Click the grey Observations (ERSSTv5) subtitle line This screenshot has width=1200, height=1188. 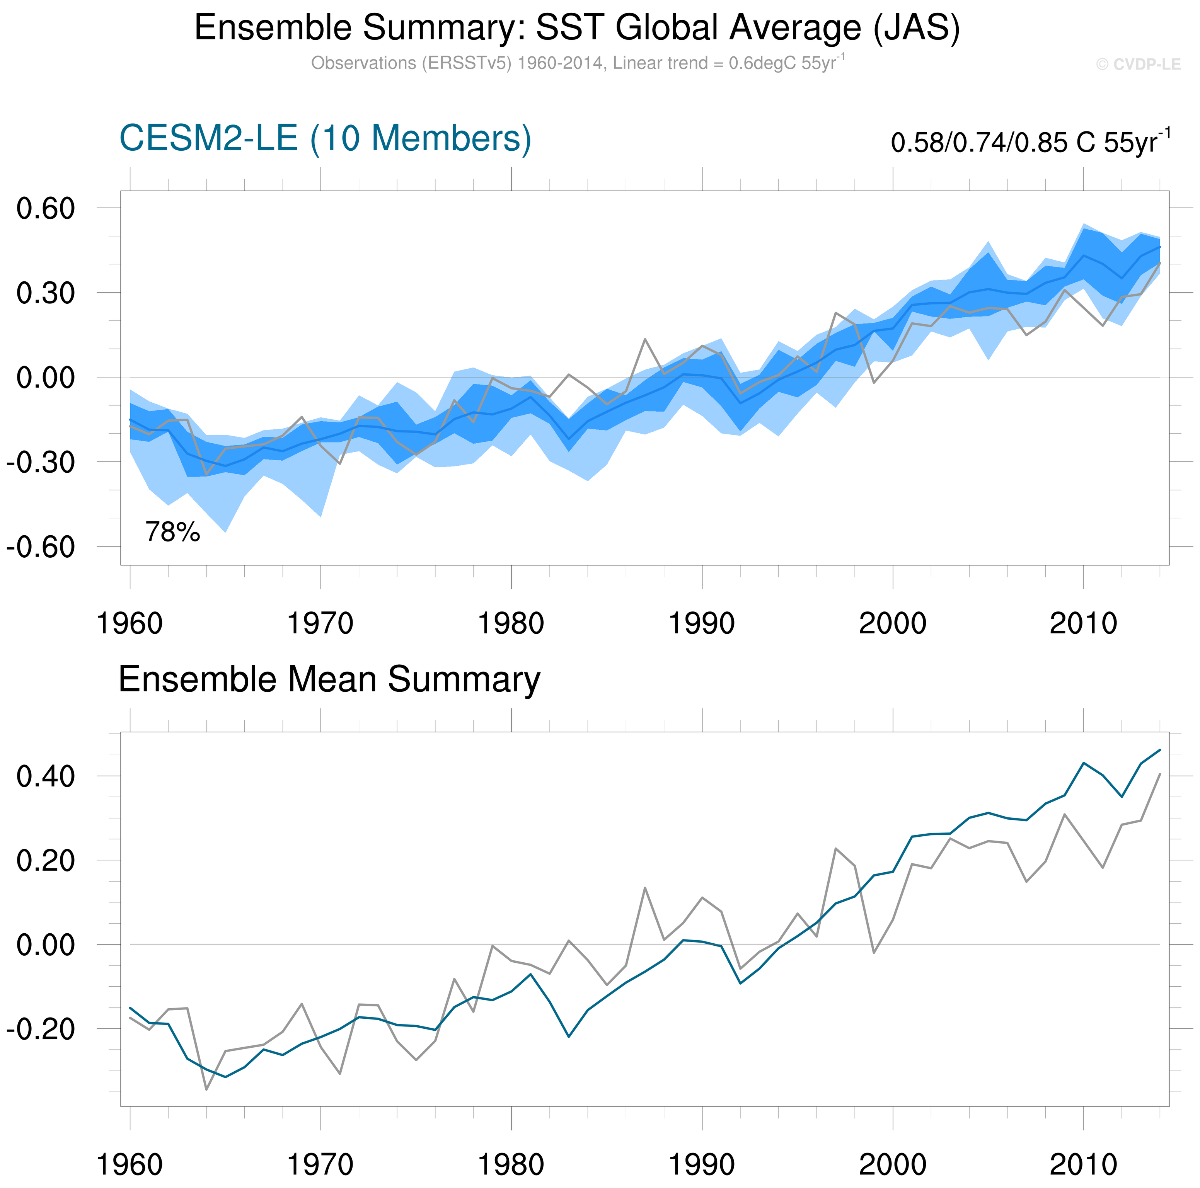coord(577,63)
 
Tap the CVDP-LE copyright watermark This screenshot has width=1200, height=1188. coord(1138,65)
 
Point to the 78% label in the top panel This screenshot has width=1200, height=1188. coord(173,532)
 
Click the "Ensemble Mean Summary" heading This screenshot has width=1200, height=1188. coord(329,679)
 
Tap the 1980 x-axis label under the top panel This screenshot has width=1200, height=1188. coord(511,623)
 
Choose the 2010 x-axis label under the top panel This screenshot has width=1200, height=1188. coord(1083,623)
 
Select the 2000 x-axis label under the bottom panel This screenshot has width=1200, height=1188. coord(893,1165)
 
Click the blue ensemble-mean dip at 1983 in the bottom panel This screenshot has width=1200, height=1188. coord(568,1037)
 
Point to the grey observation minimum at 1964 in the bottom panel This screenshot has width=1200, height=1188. coord(206,1089)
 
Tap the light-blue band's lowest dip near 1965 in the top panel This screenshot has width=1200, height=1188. coord(225,532)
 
